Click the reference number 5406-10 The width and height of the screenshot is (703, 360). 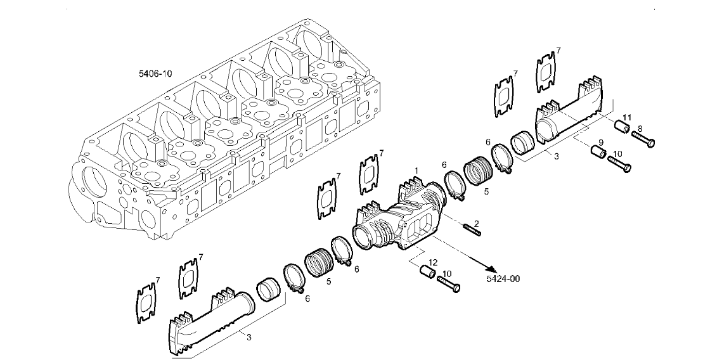pyautogui.click(x=155, y=74)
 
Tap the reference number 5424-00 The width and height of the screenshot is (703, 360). pyautogui.click(x=503, y=279)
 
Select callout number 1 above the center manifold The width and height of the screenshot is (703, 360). pyautogui.click(x=416, y=170)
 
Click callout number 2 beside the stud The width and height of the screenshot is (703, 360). pyautogui.click(x=477, y=223)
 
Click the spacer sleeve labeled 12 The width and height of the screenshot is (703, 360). pyautogui.click(x=427, y=272)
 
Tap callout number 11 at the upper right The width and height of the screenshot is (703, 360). pyautogui.click(x=627, y=117)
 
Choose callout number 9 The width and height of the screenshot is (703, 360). pyautogui.click(x=601, y=143)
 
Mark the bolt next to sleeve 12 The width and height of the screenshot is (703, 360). pyautogui.click(x=449, y=284)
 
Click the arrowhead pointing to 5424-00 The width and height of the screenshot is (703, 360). pyautogui.click(x=491, y=269)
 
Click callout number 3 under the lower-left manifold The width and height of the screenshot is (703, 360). pyautogui.click(x=249, y=337)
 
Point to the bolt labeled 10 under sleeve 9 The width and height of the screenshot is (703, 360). pyautogui.click(x=620, y=163)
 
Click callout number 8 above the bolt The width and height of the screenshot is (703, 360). pyautogui.click(x=640, y=129)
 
